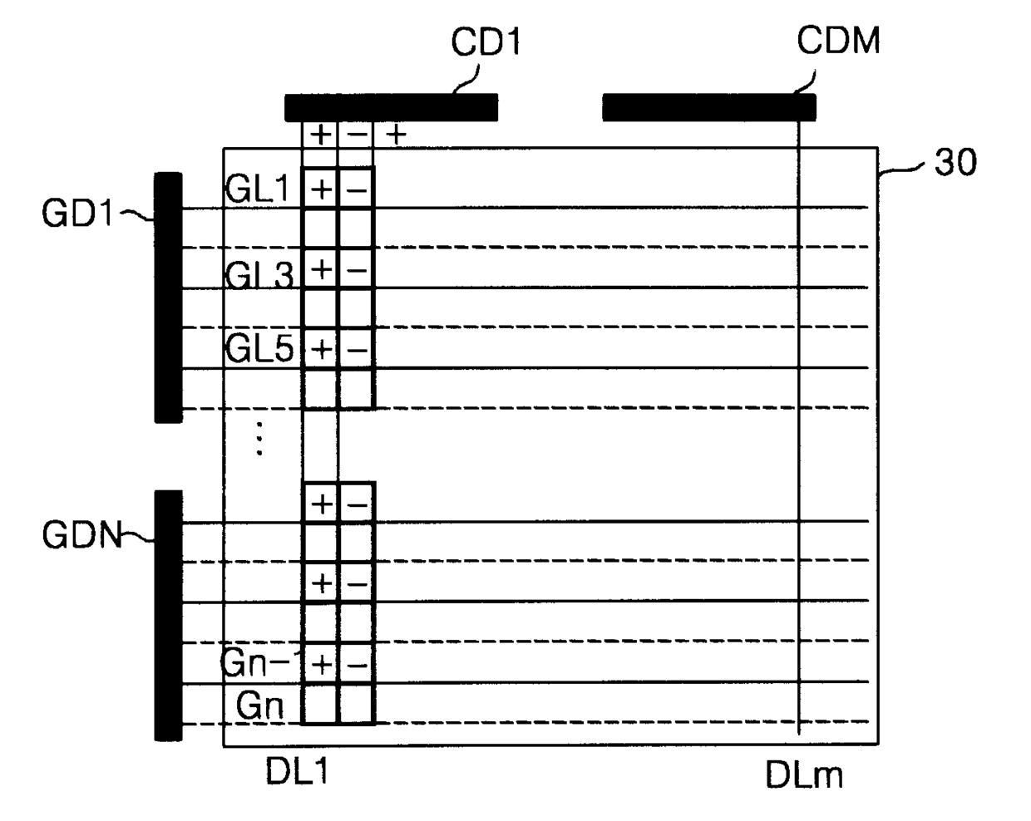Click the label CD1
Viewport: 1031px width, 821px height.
(486, 42)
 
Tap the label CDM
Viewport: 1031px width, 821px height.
(837, 41)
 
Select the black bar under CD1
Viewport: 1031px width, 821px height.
(391, 108)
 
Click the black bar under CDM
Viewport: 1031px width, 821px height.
(708, 108)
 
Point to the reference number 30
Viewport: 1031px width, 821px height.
(955, 164)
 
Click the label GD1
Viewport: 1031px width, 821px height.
(76, 215)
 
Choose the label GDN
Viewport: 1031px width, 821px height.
(81, 535)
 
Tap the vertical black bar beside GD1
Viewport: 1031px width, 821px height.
(168, 297)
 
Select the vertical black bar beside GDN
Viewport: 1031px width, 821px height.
(168, 615)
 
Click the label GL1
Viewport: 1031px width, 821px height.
(257, 190)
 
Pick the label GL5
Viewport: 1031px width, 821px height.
(259, 350)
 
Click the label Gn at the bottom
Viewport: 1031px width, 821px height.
(260, 706)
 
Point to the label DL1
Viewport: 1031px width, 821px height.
(297, 772)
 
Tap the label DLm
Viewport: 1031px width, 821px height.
(804, 776)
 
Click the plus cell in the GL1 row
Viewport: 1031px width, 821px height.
(321, 189)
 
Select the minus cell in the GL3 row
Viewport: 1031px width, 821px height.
(357, 270)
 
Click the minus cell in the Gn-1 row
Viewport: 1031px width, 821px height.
(357, 665)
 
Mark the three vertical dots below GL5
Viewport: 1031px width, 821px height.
(259, 437)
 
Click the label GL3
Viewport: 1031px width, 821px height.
(259, 273)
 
